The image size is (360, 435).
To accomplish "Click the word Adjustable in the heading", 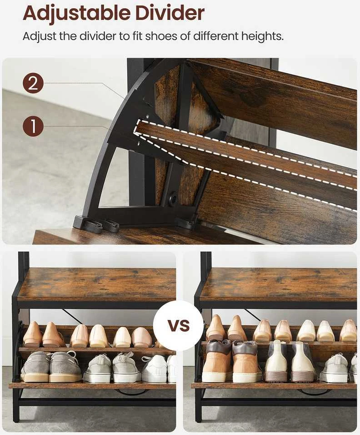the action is coord(76,13).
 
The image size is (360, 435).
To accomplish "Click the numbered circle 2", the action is coord(33,83).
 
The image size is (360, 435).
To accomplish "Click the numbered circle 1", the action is coord(33,126).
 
